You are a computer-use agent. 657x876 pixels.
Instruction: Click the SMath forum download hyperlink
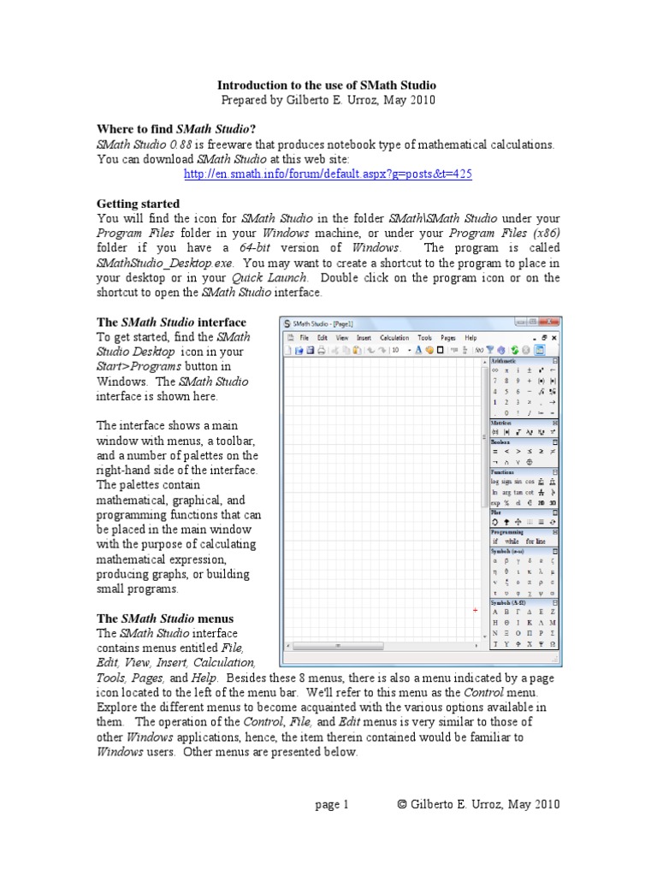click(x=328, y=174)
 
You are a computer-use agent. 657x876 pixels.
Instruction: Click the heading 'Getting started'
click(x=138, y=204)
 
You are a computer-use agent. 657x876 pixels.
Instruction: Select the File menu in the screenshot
click(x=303, y=338)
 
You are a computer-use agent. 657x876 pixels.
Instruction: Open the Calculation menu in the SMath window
click(x=394, y=338)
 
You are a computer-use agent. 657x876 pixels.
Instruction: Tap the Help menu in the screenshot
click(x=471, y=338)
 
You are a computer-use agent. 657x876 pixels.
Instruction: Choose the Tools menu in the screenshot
click(x=425, y=338)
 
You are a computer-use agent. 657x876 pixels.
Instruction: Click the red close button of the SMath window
click(x=552, y=323)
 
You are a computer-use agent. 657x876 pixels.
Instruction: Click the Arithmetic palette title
click(x=504, y=362)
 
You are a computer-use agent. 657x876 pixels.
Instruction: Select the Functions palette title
click(x=503, y=471)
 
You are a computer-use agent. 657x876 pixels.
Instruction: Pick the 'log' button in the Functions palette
click(x=495, y=482)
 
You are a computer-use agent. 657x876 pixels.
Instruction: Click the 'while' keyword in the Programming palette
click(x=512, y=542)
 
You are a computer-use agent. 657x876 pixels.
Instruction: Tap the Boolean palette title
click(x=500, y=441)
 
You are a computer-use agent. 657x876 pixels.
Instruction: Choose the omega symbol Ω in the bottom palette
click(x=553, y=643)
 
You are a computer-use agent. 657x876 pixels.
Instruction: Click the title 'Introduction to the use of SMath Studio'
click(x=327, y=86)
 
